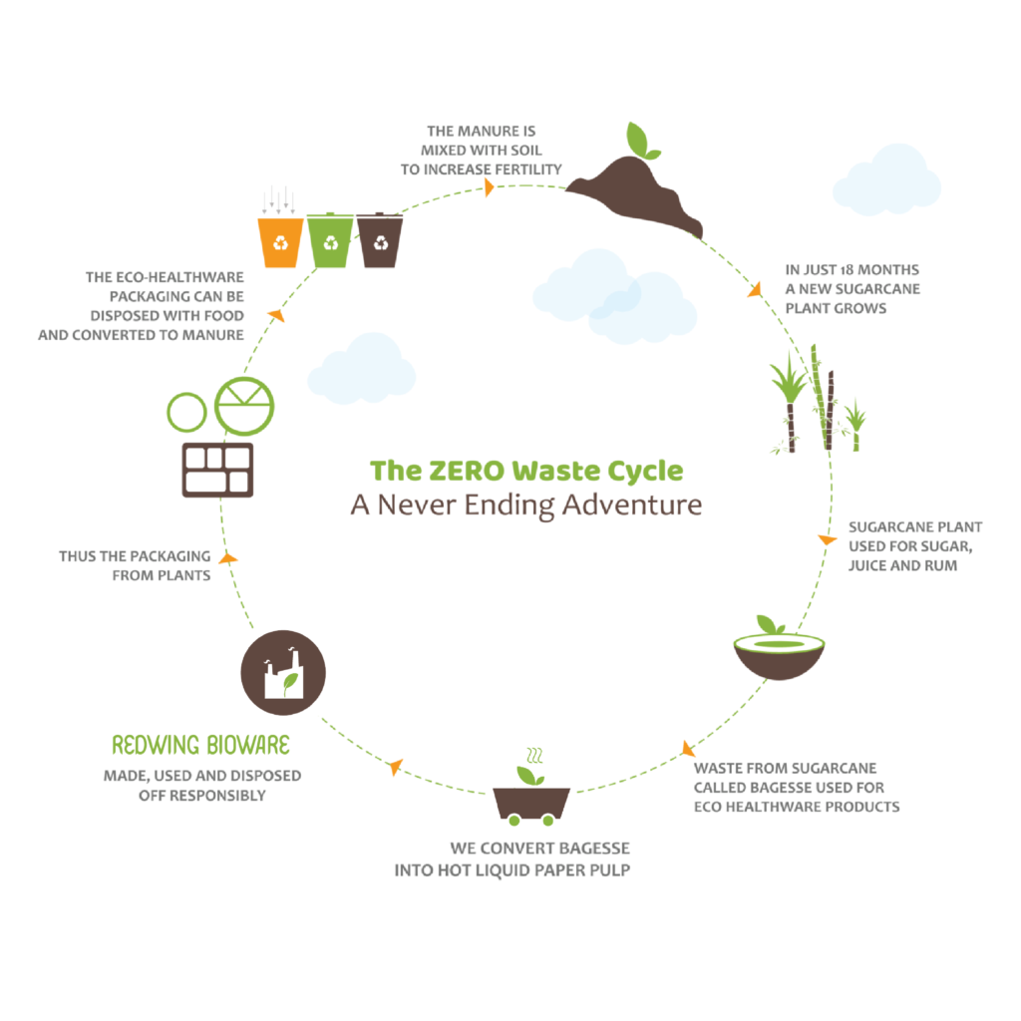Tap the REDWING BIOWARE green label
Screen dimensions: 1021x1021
[x=200, y=745]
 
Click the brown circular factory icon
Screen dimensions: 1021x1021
[x=283, y=673]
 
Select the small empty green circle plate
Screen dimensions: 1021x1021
[x=185, y=411]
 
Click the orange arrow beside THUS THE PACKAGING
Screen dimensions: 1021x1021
[x=228, y=558]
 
